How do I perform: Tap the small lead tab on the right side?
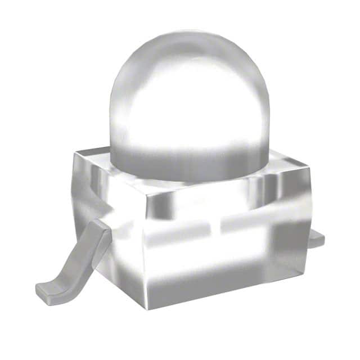point(317,239)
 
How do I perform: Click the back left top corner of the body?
point(76,153)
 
